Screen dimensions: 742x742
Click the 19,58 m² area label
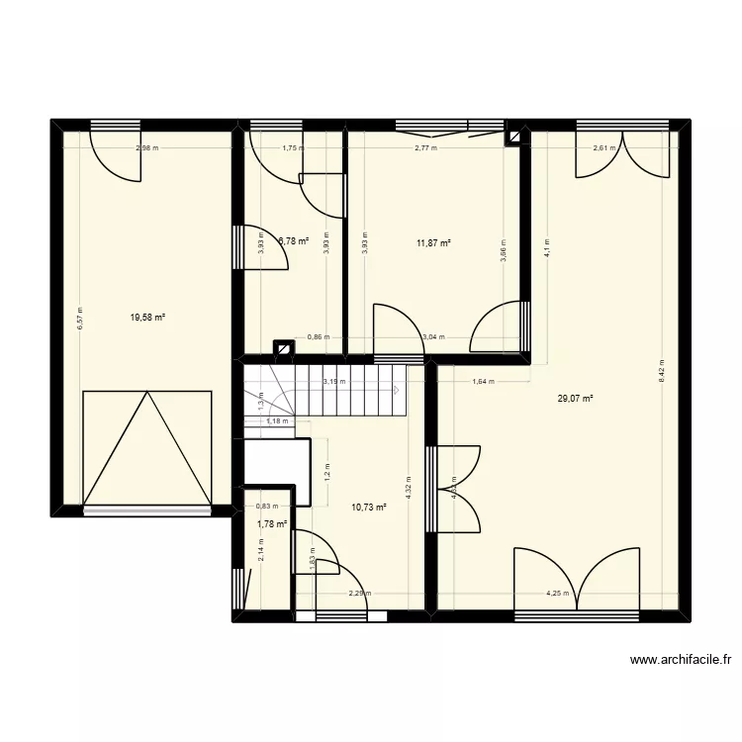[x=147, y=318]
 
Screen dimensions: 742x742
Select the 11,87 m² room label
[x=433, y=242]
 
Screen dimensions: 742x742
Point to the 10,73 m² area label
[x=368, y=507]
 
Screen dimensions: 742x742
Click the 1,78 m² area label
[x=272, y=524]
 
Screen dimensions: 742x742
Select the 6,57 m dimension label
[x=81, y=318]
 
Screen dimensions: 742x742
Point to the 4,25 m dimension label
[x=558, y=595]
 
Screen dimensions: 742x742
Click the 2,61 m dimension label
[x=603, y=148]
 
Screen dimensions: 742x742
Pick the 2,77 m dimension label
[x=425, y=148]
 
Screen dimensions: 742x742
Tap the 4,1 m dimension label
[x=545, y=247]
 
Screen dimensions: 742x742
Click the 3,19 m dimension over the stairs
[x=334, y=381]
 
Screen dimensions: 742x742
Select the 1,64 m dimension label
[x=484, y=381]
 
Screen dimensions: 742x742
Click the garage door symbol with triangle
[x=147, y=447]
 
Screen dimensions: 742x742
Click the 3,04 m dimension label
[x=433, y=336]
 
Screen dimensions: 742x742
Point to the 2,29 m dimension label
[x=359, y=595]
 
